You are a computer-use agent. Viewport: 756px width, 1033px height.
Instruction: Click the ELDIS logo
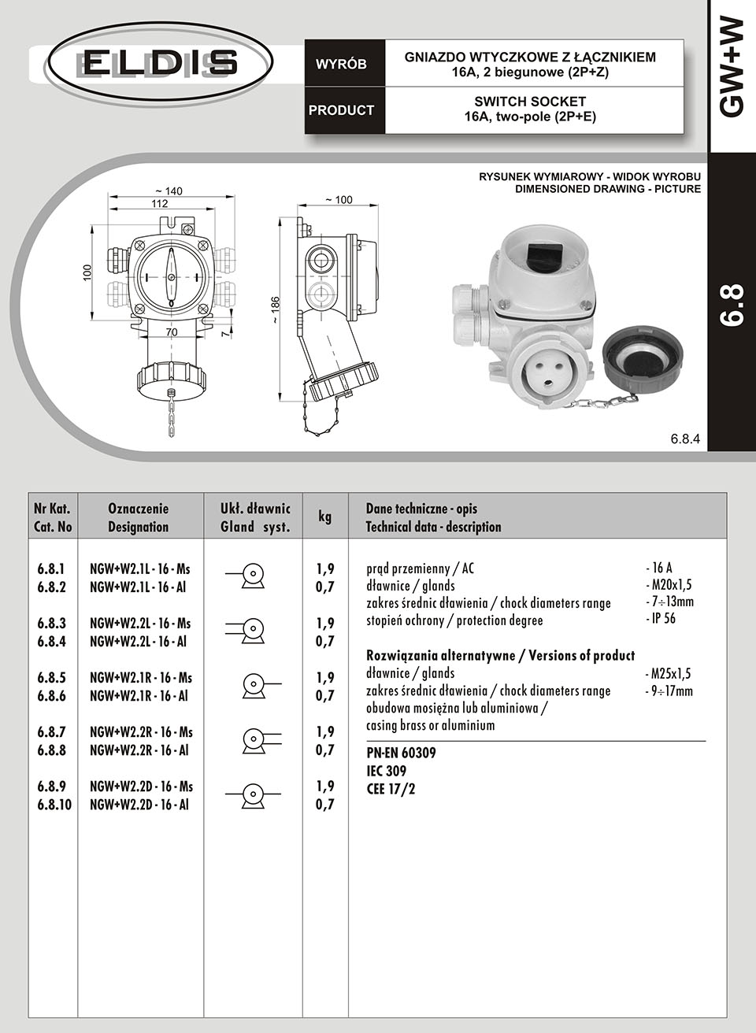coord(160,62)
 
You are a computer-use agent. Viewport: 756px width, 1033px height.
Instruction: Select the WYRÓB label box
coord(341,65)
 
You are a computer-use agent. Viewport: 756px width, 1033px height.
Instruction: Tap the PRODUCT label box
coord(341,110)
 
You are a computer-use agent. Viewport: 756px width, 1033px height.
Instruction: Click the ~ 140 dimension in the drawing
coord(169,191)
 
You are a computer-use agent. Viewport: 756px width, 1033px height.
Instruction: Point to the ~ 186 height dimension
coord(275,310)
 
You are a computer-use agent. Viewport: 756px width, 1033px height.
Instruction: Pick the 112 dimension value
coord(160,203)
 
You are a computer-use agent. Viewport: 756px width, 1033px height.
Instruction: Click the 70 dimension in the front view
coord(172,332)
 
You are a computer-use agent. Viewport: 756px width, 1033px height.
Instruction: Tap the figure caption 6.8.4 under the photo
coord(685,438)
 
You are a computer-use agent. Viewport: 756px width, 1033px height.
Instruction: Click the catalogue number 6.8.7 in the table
coord(51,732)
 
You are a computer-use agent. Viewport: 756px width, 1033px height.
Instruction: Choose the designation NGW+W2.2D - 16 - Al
coord(139,805)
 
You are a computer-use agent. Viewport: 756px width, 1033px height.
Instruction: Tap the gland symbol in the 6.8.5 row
coord(254,685)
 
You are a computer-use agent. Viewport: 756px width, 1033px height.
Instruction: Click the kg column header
coord(324,516)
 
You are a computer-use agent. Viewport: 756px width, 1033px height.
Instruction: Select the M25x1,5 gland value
coord(668,673)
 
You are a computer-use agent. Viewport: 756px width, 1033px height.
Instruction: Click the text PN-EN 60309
coord(402,753)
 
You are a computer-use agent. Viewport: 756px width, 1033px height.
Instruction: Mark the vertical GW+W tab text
coord(732,68)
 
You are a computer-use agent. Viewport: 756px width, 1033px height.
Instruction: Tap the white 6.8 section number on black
coord(732,305)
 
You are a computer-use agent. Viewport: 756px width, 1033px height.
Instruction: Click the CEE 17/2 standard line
coord(391,788)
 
